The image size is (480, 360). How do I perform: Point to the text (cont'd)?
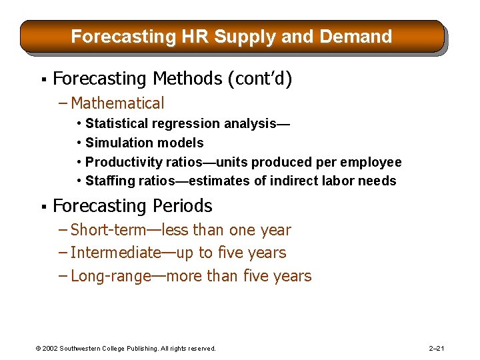(x=260, y=79)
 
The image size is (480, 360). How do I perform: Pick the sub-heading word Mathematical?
(x=117, y=103)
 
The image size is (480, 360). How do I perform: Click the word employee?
(x=371, y=162)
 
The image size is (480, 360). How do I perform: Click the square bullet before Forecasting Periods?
(x=43, y=207)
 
